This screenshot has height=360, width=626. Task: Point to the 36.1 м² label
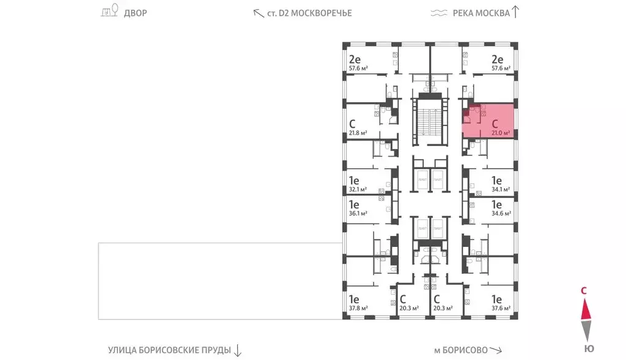click(x=358, y=214)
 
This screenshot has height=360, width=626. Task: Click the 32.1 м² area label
click(x=358, y=189)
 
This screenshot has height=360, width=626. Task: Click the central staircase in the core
click(x=427, y=120)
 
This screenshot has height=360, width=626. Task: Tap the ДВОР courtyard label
click(x=136, y=13)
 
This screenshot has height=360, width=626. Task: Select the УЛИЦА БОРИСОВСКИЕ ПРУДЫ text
click(x=169, y=350)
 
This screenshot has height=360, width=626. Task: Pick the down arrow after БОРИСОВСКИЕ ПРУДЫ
click(x=238, y=350)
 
